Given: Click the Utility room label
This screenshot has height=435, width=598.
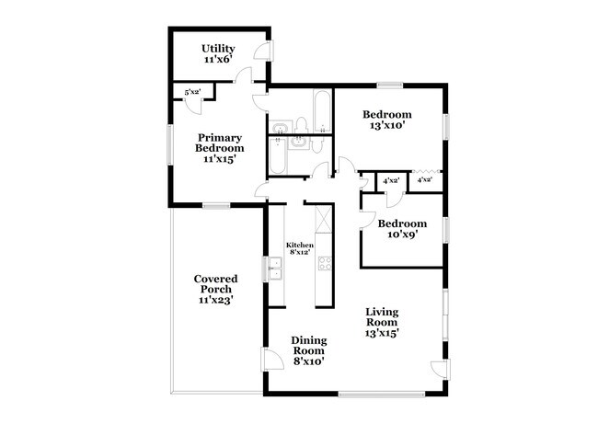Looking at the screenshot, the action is (x=218, y=49).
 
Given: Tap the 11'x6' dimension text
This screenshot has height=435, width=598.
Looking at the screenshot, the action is (x=218, y=60).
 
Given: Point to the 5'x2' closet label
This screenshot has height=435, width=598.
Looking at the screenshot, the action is (x=192, y=92).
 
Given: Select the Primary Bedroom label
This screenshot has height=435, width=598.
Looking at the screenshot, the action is (x=220, y=143).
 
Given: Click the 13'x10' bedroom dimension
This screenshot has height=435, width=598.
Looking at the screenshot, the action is (x=386, y=125).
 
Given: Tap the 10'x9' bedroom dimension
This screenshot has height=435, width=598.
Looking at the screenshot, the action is (x=403, y=235).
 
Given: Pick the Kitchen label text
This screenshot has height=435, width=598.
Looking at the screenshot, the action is (x=300, y=246).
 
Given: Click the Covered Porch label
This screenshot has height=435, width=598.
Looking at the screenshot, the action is (x=216, y=284).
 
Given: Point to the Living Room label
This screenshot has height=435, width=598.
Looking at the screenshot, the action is (x=382, y=317).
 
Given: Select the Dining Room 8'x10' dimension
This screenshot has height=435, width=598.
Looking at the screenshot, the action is (x=308, y=361).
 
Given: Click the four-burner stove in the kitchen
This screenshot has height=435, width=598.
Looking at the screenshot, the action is (x=325, y=263).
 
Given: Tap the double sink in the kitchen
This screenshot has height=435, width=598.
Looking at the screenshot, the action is (x=274, y=269).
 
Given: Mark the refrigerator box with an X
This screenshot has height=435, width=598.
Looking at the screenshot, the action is (x=324, y=219).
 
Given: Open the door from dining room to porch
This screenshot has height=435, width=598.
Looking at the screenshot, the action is (x=271, y=359).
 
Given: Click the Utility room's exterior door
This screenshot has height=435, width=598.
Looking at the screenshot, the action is (x=264, y=50).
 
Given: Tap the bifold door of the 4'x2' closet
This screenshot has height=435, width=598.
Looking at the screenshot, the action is (x=427, y=171).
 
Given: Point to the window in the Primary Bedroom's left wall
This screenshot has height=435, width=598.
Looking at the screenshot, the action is (x=170, y=145).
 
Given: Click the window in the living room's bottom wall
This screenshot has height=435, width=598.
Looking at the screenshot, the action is (x=382, y=395).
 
